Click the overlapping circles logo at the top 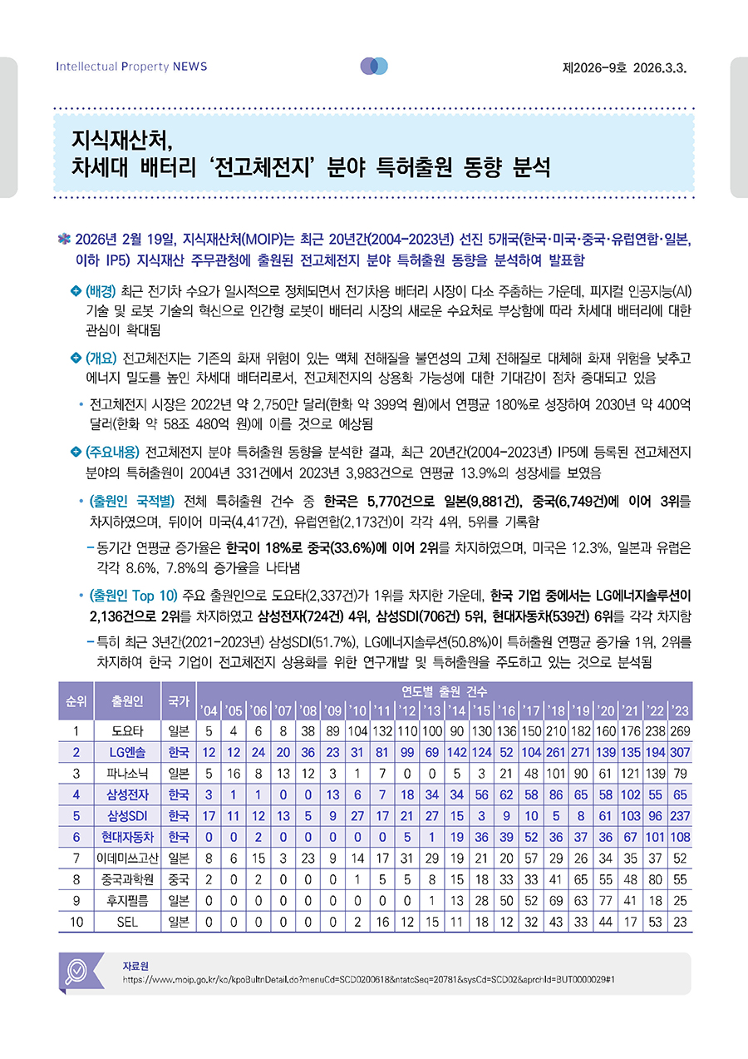coord(374,67)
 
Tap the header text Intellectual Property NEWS coord(131,67)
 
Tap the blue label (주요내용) coord(114,453)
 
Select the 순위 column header coord(76,701)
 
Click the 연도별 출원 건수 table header coord(445,691)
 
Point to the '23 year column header coord(681,711)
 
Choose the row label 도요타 coord(127,731)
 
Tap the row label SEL coord(127,922)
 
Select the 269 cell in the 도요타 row coord(681,731)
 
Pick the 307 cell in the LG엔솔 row coord(681,752)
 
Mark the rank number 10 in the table coord(76,922)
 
